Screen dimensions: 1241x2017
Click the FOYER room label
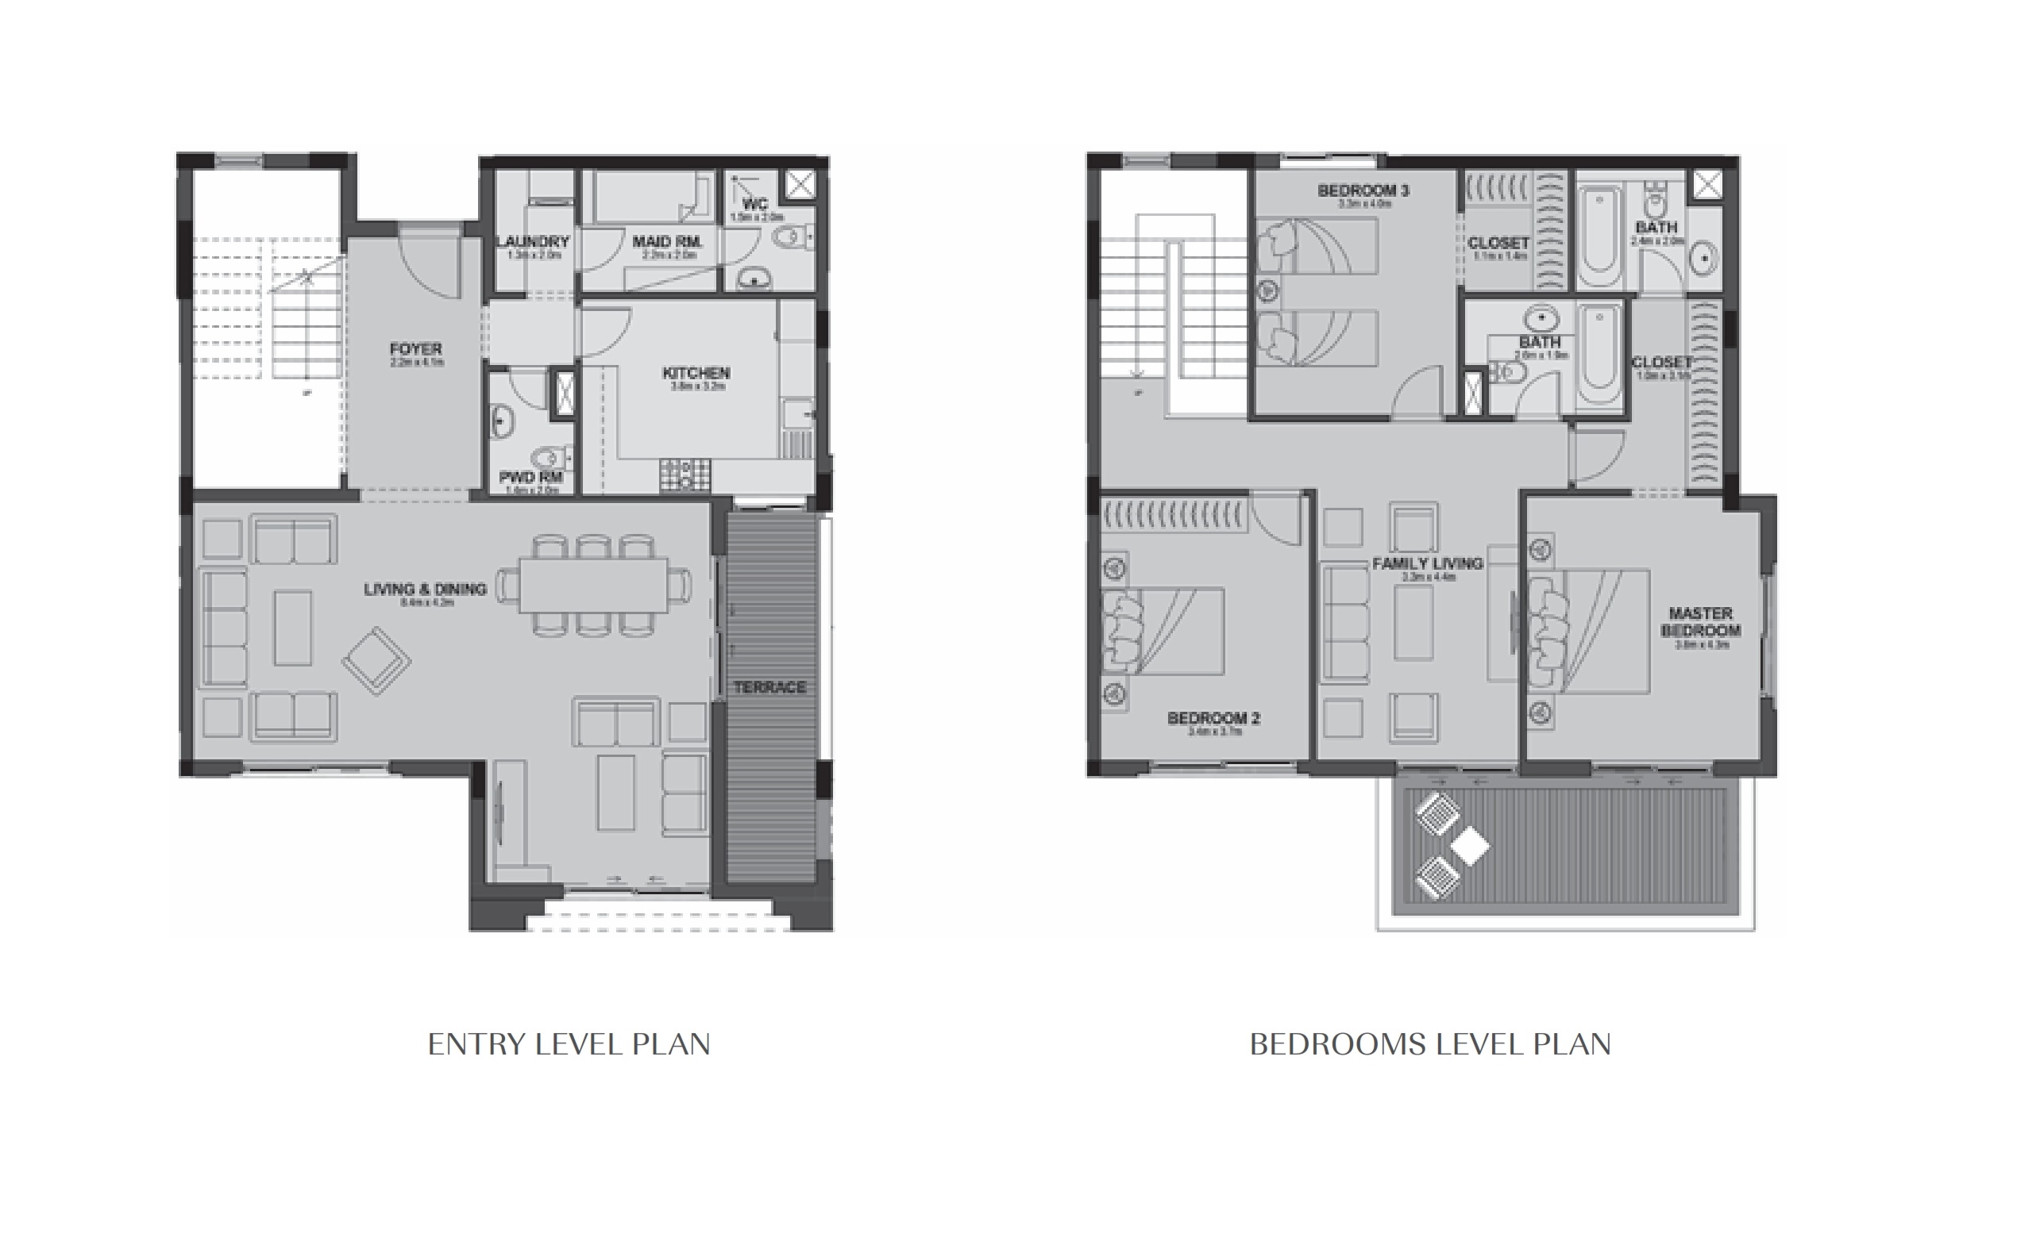(415, 350)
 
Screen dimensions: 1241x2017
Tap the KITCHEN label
(696, 374)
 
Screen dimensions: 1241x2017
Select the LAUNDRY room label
(533, 242)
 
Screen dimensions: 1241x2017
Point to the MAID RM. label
(667, 242)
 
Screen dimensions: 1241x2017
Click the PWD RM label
(530, 477)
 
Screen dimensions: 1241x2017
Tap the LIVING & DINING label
(425, 590)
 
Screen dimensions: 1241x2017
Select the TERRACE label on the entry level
(769, 687)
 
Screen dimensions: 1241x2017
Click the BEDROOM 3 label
(1363, 191)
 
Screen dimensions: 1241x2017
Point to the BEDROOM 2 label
(1213, 718)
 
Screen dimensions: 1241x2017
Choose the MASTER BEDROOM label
(1700, 622)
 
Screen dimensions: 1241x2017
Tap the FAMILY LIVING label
(1427, 564)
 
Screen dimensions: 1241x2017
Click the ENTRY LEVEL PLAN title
(569, 1044)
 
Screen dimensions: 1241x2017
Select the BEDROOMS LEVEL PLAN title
(1430, 1044)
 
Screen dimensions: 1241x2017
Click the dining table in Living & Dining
(593, 586)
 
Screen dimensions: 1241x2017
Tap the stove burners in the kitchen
(684, 474)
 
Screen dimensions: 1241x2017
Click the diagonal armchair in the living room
(376, 661)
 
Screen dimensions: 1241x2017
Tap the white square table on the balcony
(1469, 846)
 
